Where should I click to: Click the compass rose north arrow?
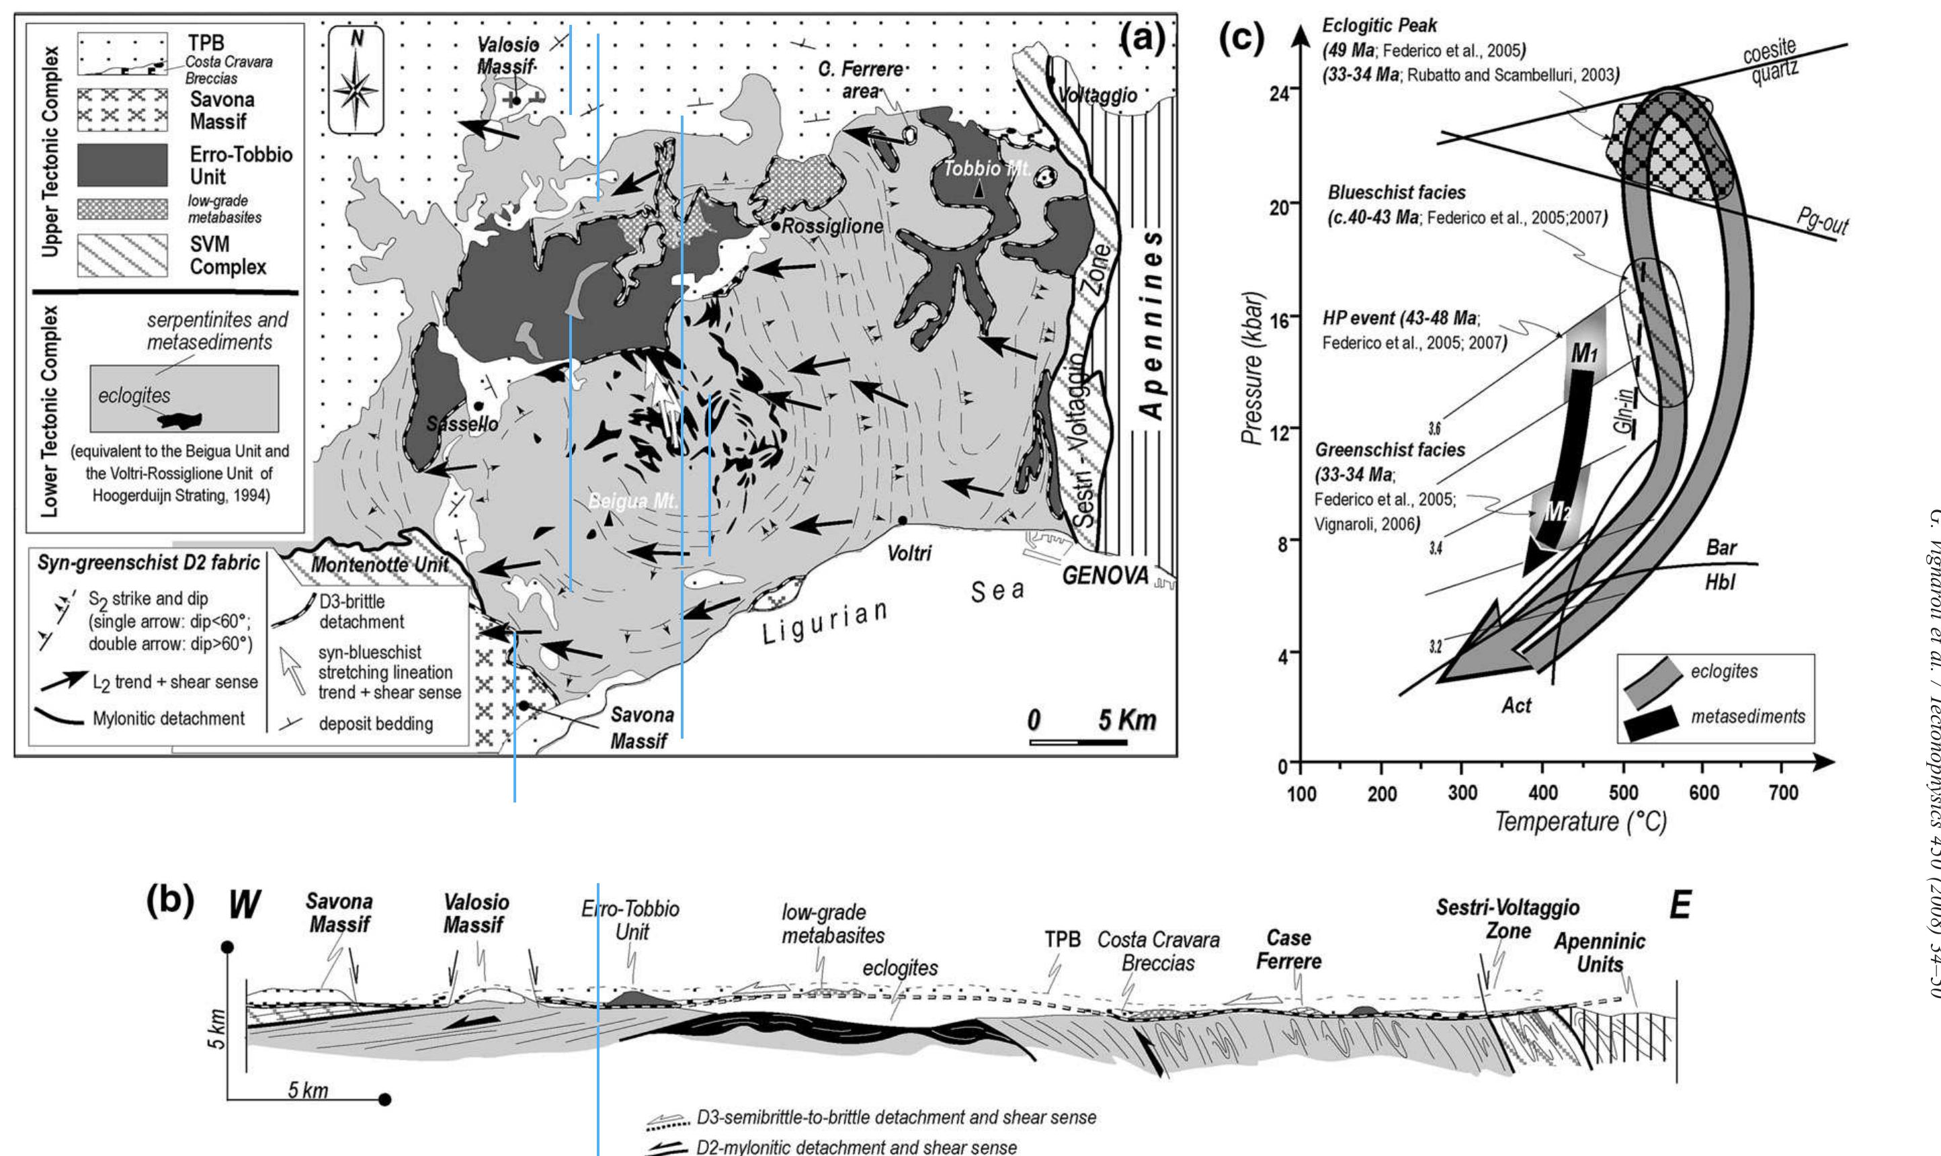[x=356, y=80]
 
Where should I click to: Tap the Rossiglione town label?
[x=832, y=226]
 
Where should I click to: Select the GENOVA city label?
[x=1105, y=576]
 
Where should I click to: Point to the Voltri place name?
[x=909, y=553]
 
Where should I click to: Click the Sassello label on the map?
[x=462, y=424]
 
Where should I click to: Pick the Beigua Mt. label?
[x=632, y=501]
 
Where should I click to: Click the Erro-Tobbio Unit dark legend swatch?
[x=122, y=165]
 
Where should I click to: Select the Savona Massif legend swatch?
[x=122, y=109]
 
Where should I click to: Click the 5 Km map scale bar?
[x=1078, y=741]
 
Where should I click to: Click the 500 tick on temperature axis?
[x=1623, y=793]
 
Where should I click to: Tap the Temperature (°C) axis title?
[x=1579, y=822]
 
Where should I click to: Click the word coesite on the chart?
[x=1769, y=54]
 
